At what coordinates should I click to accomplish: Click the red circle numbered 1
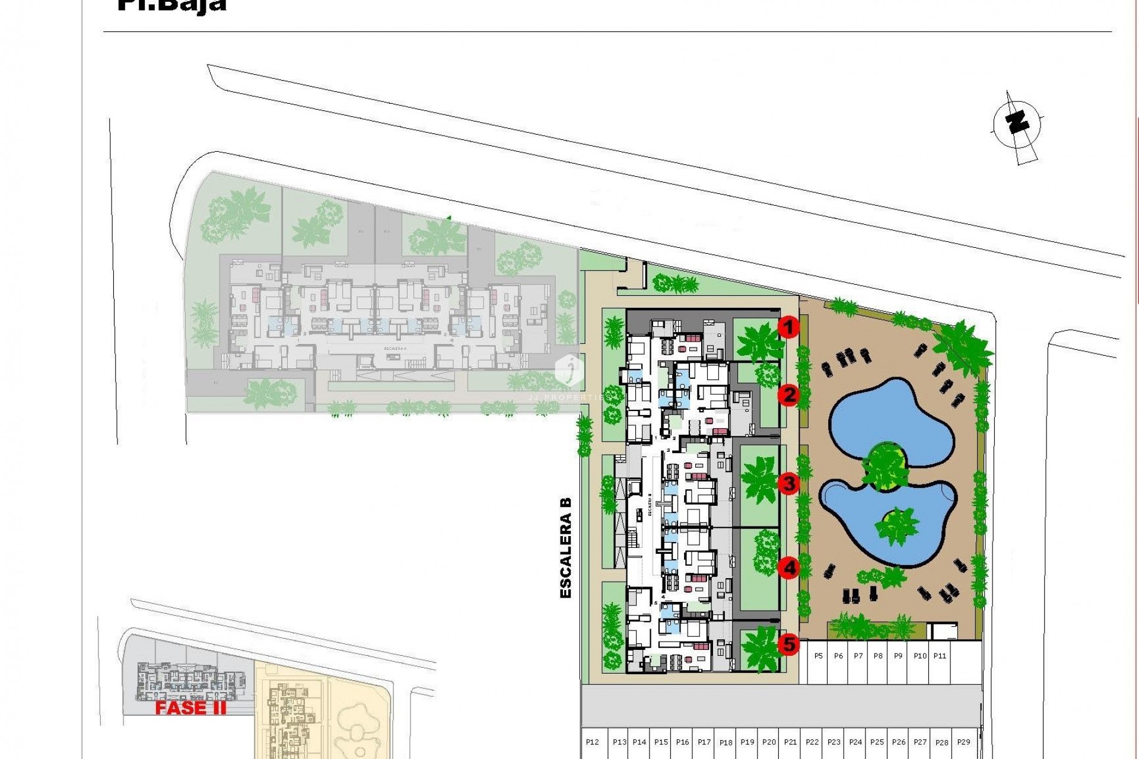788,327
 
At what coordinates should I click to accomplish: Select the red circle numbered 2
788,395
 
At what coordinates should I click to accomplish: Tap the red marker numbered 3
788,483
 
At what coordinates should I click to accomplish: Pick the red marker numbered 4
788,568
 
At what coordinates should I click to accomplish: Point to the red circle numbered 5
788,644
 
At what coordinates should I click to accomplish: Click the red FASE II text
190,708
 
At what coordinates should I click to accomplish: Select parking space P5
818,656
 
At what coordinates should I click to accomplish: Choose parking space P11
940,656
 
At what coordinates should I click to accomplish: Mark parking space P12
592,742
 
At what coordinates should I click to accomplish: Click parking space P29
964,742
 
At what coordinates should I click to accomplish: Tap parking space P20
769,742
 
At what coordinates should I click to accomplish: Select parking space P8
878,656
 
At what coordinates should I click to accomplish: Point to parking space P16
682,742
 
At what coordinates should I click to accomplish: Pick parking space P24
855,742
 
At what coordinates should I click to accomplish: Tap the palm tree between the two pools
886,466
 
